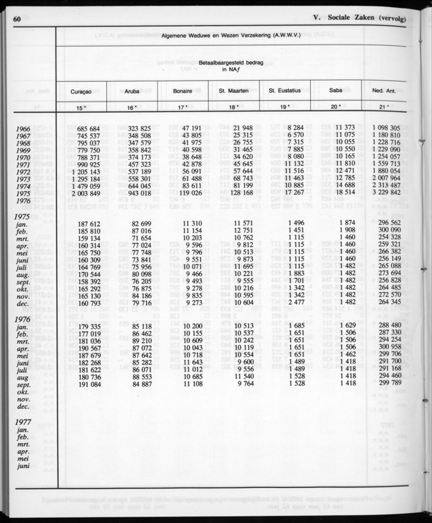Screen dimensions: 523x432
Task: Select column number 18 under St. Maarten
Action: click(x=233, y=107)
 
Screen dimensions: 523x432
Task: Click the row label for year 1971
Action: click(x=24, y=165)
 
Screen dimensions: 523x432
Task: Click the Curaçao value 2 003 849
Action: click(x=82, y=194)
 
